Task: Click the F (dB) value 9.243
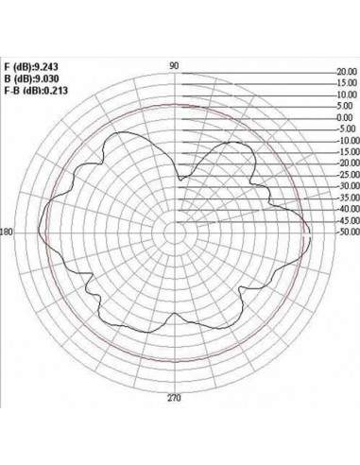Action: (x=47, y=67)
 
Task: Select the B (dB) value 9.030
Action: (x=47, y=78)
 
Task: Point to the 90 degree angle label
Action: (x=175, y=65)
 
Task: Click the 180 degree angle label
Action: (x=7, y=232)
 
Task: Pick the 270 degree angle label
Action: (x=175, y=399)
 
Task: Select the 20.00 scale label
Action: (x=346, y=72)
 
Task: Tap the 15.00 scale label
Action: (x=346, y=83)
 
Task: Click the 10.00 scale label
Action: (x=346, y=95)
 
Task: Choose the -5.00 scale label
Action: (x=346, y=129)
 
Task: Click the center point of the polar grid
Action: (x=176, y=232)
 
